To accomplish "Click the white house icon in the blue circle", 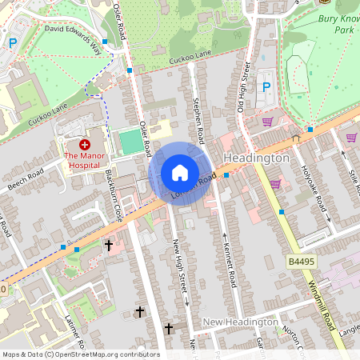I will tap(180, 172).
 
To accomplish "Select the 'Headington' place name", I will tap(257, 158).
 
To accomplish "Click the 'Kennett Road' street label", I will tap(231, 265).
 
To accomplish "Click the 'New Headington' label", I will tap(239, 322).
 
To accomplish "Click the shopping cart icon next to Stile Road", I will tap(351, 137).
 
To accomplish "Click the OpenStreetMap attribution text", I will tap(81, 354).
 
